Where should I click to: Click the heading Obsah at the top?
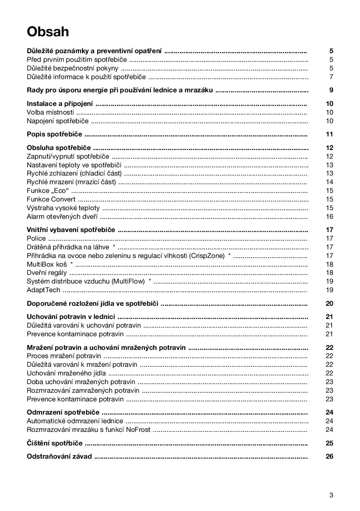coord(48,32)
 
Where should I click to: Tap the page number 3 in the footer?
coord(331,495)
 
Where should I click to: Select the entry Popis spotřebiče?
coord(54,134)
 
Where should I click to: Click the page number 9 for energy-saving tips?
coord(331,90)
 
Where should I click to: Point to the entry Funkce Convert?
coord(51,199)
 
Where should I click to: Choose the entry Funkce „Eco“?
coord(48,191)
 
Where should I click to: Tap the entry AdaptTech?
coord(43,290)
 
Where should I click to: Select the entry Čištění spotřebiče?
coord(54,443)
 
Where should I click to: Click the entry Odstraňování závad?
coord(59,457)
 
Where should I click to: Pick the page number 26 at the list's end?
coord(329,457)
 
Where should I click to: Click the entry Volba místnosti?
coord(50,112)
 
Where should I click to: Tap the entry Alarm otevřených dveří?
coord(62,217)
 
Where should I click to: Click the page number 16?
coord(330,217)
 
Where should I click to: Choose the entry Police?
coord(36,239)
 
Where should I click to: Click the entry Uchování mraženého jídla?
coord(66,373)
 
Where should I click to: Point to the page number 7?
coord(331,77)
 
